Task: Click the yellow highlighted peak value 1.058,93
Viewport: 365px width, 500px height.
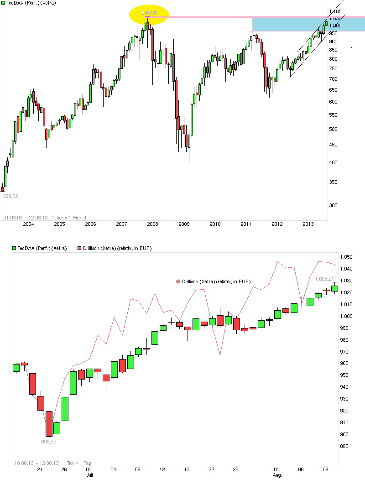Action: click(x=147, y=13)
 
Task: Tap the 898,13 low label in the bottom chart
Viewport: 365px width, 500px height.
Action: click(x=48, y=441)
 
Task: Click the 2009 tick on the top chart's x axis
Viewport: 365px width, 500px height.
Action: click(x=183, y=224)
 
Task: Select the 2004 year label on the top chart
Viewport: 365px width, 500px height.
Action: click(x=28, y=224)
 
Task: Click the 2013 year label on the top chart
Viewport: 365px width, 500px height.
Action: click(x=308, y=224)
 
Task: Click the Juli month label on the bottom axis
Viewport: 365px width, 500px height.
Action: click(x=90, y=475)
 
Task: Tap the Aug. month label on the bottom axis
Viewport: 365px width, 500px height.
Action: click(x=277, y=475)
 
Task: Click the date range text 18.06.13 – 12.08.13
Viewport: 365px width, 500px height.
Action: click(x=36, y=463)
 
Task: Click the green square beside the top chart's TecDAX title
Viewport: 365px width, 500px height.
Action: click(x=3, y=3)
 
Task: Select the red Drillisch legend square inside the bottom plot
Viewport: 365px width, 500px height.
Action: click(x=178, y=281)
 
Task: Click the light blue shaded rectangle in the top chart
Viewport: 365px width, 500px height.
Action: click(x=308, y=25)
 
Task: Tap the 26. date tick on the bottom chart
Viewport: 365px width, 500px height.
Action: click(x=65, y=469)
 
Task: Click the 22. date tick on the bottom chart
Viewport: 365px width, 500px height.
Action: click(x=212, y=469)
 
